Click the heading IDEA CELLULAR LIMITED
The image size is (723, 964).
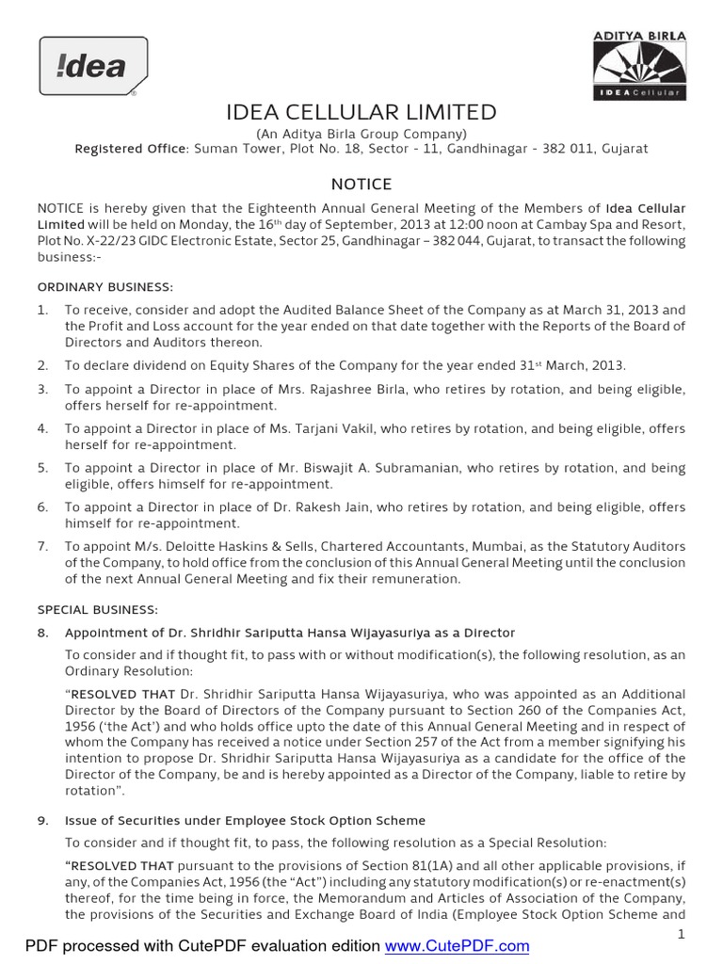point(361,113)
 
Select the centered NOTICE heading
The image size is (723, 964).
point(361,185)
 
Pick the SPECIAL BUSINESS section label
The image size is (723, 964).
point(98,609)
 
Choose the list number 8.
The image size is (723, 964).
point(42,633)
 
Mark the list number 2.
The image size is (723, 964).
point(42,365)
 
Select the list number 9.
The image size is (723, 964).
point(42,821)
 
